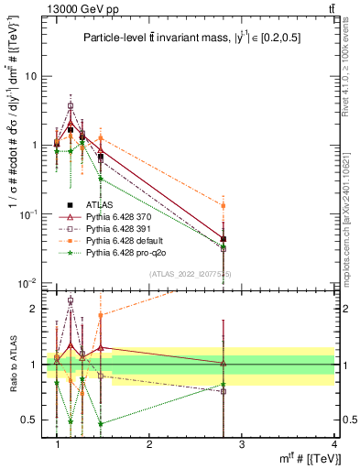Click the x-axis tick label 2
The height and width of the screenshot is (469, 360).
point(150,444)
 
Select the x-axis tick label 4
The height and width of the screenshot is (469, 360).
point(333,444)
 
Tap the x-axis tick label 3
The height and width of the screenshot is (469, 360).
point(241,444)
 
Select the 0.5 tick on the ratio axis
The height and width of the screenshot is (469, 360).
point(28,420)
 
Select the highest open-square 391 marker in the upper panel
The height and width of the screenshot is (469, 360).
point(71,106)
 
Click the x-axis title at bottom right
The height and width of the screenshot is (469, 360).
point(306,459)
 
